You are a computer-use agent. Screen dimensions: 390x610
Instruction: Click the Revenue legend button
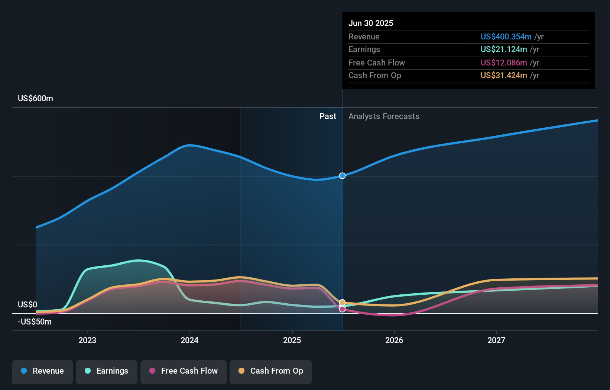(42, 371)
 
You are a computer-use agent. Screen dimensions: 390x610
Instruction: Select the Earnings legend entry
(107, 371)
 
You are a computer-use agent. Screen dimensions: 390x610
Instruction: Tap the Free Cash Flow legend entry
(184, 371)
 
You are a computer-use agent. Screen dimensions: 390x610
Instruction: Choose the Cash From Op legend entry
(271, 371)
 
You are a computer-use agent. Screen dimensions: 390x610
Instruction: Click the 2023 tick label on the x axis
(87, 340)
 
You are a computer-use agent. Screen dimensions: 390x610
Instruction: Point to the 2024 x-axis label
(189, 340)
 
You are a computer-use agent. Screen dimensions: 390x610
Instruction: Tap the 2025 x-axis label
(292, 340)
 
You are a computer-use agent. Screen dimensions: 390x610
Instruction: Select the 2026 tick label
(394, 340)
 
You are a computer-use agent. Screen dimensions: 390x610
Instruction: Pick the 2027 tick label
(496, 340)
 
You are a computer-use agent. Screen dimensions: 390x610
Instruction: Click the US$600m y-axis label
(35, 99)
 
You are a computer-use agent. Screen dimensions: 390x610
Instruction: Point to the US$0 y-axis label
(27, 305)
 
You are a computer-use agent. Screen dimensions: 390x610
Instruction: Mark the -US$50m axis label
(35, 322)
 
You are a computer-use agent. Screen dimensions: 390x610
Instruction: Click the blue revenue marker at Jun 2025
(342, 176)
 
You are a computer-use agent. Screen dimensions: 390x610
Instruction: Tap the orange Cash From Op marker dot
(342, 303)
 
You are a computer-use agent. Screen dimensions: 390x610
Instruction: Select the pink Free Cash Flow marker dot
(342, 309)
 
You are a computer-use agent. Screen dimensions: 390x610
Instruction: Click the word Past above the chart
(328, 116)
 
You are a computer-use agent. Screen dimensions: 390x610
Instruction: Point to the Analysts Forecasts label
(384, 116)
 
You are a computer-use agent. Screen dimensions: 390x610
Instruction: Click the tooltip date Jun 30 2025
(371, 23)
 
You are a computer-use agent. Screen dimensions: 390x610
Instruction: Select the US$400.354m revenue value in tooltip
(506, 37)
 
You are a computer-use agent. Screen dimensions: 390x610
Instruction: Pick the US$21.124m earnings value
(504, 49)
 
